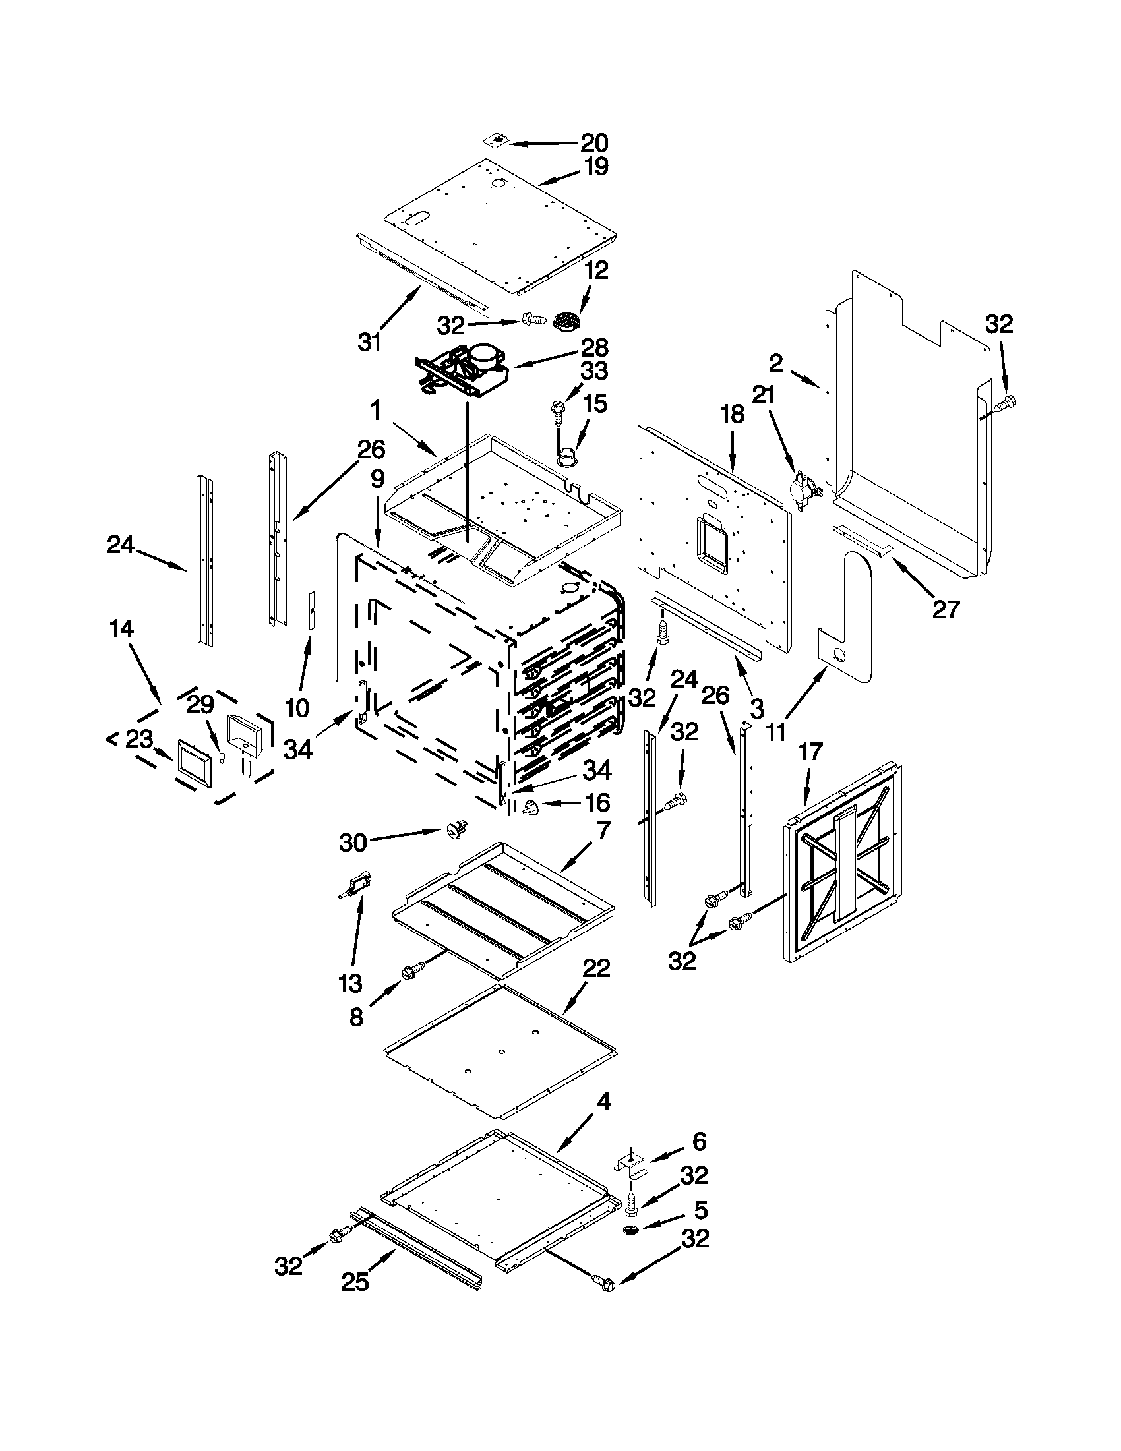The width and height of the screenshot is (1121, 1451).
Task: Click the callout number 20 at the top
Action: point(594,142)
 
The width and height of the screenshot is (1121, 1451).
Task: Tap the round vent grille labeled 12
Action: point(567,320)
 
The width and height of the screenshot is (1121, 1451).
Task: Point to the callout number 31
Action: point(369,342)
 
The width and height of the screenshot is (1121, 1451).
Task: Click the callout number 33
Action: point(594,370)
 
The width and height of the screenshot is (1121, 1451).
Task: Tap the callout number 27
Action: point(945,608)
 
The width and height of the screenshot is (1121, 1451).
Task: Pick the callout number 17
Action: point(810,752)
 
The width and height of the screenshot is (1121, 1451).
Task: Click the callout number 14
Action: point(121,628)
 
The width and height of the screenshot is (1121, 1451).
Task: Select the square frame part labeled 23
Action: point(196,763)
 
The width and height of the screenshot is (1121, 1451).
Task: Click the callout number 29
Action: point(199,705)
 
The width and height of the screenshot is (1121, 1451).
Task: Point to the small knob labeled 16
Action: point(530,807)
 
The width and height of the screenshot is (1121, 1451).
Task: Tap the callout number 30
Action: point(353,843)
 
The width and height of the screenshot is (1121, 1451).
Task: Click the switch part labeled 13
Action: point(357,885)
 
